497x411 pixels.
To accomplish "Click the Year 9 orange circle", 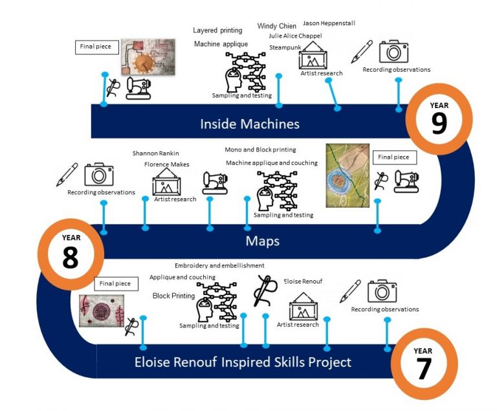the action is [x=439, y=85].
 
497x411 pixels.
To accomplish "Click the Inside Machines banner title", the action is [x=250, y=124].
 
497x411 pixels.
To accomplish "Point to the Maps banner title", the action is [x=263, y=241].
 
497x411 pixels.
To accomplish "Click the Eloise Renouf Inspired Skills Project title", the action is [x=243, y=362].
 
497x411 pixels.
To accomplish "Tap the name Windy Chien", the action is [x=277, y=26].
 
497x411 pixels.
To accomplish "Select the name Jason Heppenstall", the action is [x=329, y=23].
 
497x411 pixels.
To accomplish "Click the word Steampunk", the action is [x=285, y=47].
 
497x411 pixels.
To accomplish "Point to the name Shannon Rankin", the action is [x=155, y=153].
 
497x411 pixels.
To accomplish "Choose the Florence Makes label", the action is [x=167, y=164].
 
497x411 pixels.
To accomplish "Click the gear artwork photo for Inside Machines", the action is [x=148, y=57].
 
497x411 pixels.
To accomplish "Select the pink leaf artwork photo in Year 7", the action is [x=102, y=311].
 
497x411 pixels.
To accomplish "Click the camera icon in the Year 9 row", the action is [x=393, y=51].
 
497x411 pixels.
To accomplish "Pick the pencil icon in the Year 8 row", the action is [x=67, y=174].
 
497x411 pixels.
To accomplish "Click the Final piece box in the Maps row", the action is [x=395, y=157].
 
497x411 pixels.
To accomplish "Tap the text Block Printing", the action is [x=173, y=296].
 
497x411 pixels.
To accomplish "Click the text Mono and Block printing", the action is [x=260, y=150].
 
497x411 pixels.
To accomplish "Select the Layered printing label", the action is [x=217, y=30].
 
